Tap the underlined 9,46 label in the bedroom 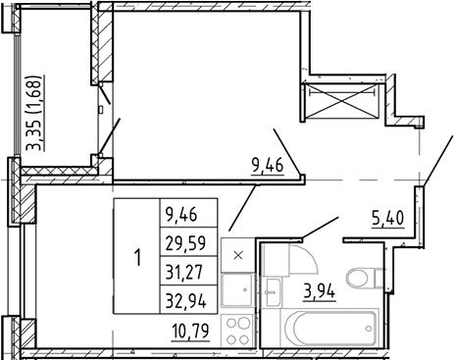(268, 166)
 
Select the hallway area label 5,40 (387, 218)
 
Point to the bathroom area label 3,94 (320, 291)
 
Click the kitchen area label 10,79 (191, 331)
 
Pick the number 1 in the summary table (138, 257)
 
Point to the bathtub (329, 328)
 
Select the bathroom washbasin (273, 292)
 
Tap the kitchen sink (237, 290)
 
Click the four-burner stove (237, 332)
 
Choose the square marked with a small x (238, 255)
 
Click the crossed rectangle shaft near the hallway (341, 101)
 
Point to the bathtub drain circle (369, 329)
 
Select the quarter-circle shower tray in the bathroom (302, 258)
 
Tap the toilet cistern (378, 278)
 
